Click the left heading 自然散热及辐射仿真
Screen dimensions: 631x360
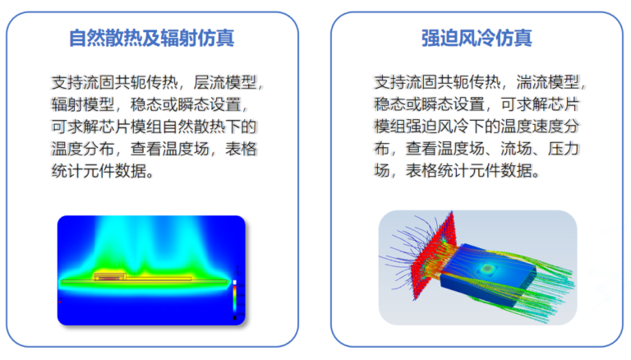tap(151, 39)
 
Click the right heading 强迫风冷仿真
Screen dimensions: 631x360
tap(477, 39)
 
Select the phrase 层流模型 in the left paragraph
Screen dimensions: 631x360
tap(225, 82)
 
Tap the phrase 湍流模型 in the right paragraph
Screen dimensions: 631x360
tap(548, 82)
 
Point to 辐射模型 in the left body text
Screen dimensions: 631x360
tap(83, 104)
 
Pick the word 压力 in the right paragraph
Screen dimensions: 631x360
tap(564, 149)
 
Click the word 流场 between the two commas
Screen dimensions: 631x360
tap(516, 149)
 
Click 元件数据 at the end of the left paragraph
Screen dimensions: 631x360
tap(115, 171)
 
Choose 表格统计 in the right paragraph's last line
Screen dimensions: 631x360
tap(437, 171)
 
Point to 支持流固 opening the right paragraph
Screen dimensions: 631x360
tap(406, 82)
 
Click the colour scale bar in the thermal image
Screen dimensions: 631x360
tap(235, 298)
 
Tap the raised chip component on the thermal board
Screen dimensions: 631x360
tap(110, 276)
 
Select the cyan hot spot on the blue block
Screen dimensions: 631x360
tap(488, 268)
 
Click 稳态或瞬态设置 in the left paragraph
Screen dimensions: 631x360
tap(186, 104)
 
